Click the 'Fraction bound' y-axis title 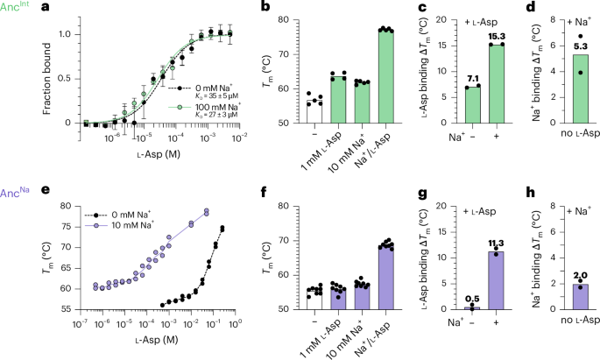(x=44, y=73)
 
